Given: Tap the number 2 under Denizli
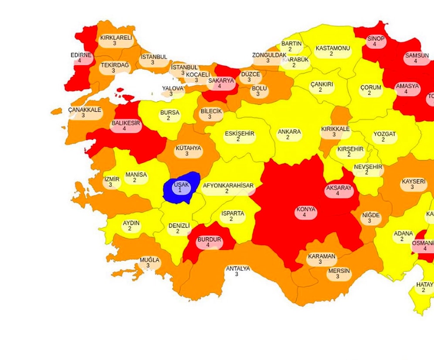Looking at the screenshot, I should [x=178, y=232].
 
